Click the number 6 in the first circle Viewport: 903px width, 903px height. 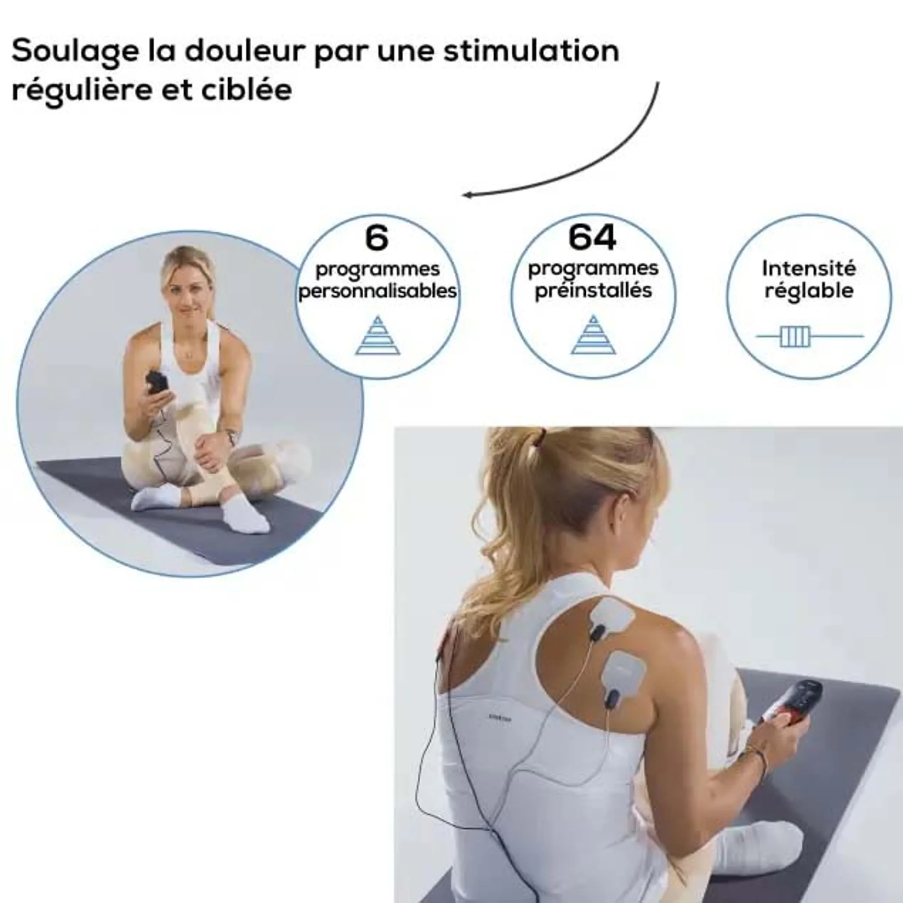[x=377, y=238]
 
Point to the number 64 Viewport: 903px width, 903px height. [x=592, y=237]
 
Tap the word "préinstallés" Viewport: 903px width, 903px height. [x=593, y=291]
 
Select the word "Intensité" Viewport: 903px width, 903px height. [x=809, y=268]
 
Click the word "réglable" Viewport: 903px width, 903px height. [x=809, y=291]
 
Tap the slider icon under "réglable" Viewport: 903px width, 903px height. [x=795, y=336]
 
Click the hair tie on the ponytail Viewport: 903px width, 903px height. [x=542, y=437]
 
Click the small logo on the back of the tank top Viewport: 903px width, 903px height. [x=500, y=717]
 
